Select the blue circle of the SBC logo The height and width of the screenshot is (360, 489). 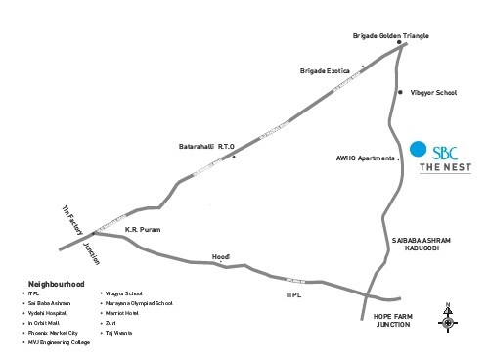tap(419, 150)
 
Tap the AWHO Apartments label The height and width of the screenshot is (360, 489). tap(364, 157)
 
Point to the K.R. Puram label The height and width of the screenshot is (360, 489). tap(142, 229)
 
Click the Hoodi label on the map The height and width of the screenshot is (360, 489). tap(222, 256)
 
